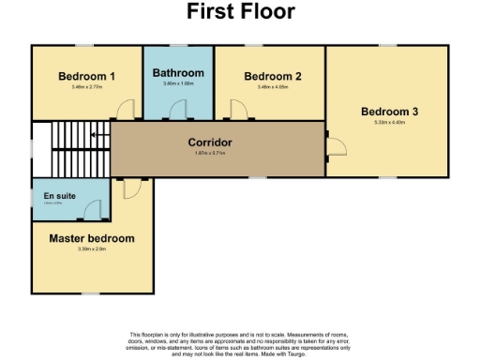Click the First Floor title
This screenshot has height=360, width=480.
240,12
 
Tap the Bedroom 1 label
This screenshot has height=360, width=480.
86,76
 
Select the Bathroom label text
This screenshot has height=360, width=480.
178,73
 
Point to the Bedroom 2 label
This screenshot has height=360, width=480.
272,76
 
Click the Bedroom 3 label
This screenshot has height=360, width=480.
389,112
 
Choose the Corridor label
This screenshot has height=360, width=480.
210,142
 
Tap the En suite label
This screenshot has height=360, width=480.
59,196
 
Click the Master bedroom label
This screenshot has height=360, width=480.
92,238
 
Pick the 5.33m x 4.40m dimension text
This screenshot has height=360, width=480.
389,124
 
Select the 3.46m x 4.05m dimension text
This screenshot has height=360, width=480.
272,87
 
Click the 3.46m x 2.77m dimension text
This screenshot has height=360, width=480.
86,87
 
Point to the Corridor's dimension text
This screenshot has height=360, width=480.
210,153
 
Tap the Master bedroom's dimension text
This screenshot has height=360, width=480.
92,249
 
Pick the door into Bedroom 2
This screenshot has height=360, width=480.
238,111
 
